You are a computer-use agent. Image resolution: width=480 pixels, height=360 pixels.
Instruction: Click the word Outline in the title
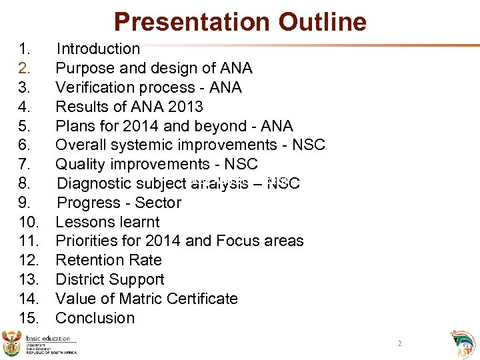click(x=323, y=22)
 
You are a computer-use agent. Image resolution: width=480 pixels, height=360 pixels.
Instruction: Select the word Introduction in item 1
click(x=98, y=49)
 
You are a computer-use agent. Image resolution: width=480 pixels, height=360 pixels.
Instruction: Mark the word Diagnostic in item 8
click(x=95, y=183)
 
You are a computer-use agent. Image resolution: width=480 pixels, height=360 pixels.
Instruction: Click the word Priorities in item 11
click(x=86, y=241)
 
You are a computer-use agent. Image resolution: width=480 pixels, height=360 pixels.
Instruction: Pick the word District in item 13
click(x=79, y=279)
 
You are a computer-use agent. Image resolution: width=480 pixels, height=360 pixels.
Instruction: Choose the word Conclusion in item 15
click(x=95, y=318)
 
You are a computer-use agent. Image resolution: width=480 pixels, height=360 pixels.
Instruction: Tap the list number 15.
click(x=29, y=318)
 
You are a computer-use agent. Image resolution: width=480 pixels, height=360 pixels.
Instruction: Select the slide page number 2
click(x=399, y=343)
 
